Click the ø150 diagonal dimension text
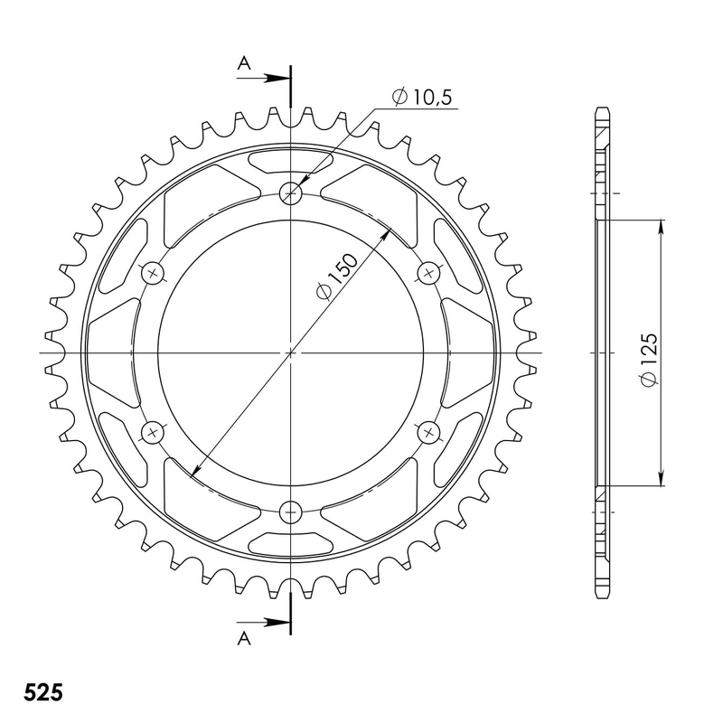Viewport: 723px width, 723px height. (335, 277)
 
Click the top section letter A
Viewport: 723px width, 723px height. (243, 62)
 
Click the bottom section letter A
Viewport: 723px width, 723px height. (243, 638)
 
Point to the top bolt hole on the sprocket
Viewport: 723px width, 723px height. (291, 192)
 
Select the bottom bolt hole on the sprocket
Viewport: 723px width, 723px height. (291, 512)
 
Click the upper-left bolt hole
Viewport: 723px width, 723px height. (152, 272)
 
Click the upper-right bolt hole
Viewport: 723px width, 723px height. (430, 272)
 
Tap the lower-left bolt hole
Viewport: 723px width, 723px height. (152, 432)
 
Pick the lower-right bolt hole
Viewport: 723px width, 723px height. (430, 432)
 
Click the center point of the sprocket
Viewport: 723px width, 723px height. (291, 352)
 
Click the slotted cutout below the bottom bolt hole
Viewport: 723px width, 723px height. (291, 541)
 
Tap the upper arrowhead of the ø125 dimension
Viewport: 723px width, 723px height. (662, 229)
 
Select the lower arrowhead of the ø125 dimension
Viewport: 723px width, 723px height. (662, 478)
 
